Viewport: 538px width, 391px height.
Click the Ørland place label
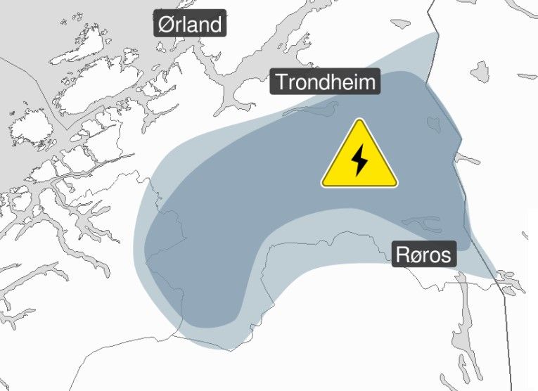[x=190, y=25]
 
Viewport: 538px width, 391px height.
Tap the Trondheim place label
[x=326, y=82]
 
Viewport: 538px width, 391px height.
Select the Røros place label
[x=423, y=254]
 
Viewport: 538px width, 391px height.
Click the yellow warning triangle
[x=359, y=158]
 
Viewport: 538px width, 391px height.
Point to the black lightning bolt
[x=359, y=160]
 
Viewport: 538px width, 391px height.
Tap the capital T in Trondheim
[x=281, y=82]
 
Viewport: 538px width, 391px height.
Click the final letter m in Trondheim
[x=369, y=82]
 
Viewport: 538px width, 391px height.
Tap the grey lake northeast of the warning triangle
[x=480, y=72]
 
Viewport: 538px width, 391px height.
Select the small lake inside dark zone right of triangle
[x=434, y=124]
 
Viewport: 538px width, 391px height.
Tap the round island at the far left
[x=27, y=129]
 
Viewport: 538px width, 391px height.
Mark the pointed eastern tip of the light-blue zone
[x=497, y=275]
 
